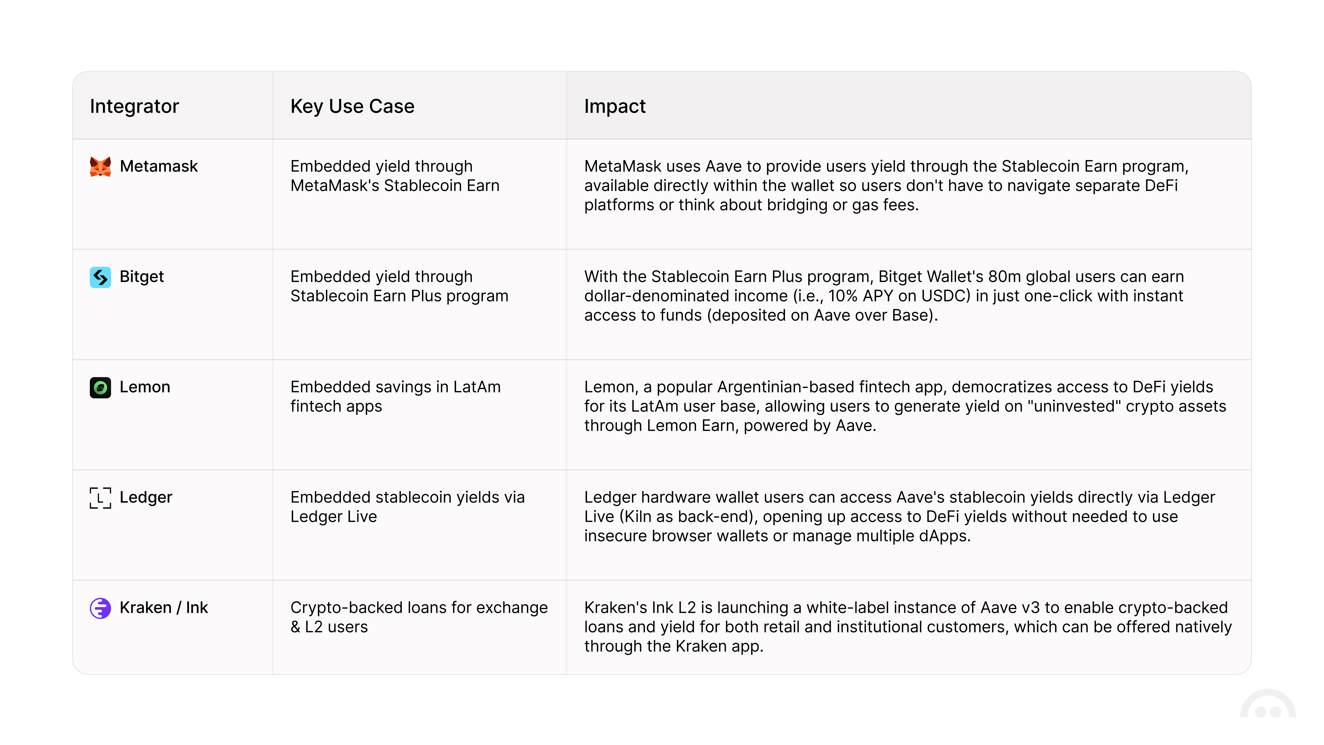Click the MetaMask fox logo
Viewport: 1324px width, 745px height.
click(100, 167)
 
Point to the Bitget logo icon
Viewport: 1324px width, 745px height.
click(100, 277)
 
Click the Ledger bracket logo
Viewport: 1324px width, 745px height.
click(100, 498)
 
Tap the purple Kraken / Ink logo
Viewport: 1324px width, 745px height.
click(100, 608)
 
